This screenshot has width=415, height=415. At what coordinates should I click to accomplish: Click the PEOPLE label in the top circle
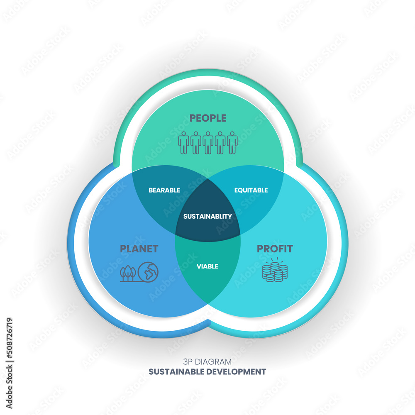(208, 118)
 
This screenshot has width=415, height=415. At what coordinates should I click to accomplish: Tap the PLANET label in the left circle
(139, 249)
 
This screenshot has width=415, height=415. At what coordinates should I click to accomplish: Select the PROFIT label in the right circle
(275, 249)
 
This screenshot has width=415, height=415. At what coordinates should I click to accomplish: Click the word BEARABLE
(164, 190)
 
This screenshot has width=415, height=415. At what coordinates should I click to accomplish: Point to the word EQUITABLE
(251, 190)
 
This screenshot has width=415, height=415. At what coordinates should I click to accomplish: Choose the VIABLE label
(207, 266)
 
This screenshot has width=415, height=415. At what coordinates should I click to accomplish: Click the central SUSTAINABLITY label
(207, 216)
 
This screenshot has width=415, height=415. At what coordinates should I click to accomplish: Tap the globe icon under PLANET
(148, 272)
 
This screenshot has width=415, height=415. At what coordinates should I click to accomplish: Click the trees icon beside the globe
(128, 273)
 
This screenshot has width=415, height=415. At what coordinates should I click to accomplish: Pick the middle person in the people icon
(208, 143)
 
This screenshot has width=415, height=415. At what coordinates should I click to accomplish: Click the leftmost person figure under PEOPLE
(183, 143)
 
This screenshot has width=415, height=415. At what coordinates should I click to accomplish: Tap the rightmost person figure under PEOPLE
(232, 143)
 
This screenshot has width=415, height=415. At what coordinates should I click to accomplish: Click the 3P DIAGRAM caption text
(207, 361)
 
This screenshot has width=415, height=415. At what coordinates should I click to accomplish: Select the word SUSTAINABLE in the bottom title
(176, 371)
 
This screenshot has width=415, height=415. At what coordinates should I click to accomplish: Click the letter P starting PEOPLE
(193, 118)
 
